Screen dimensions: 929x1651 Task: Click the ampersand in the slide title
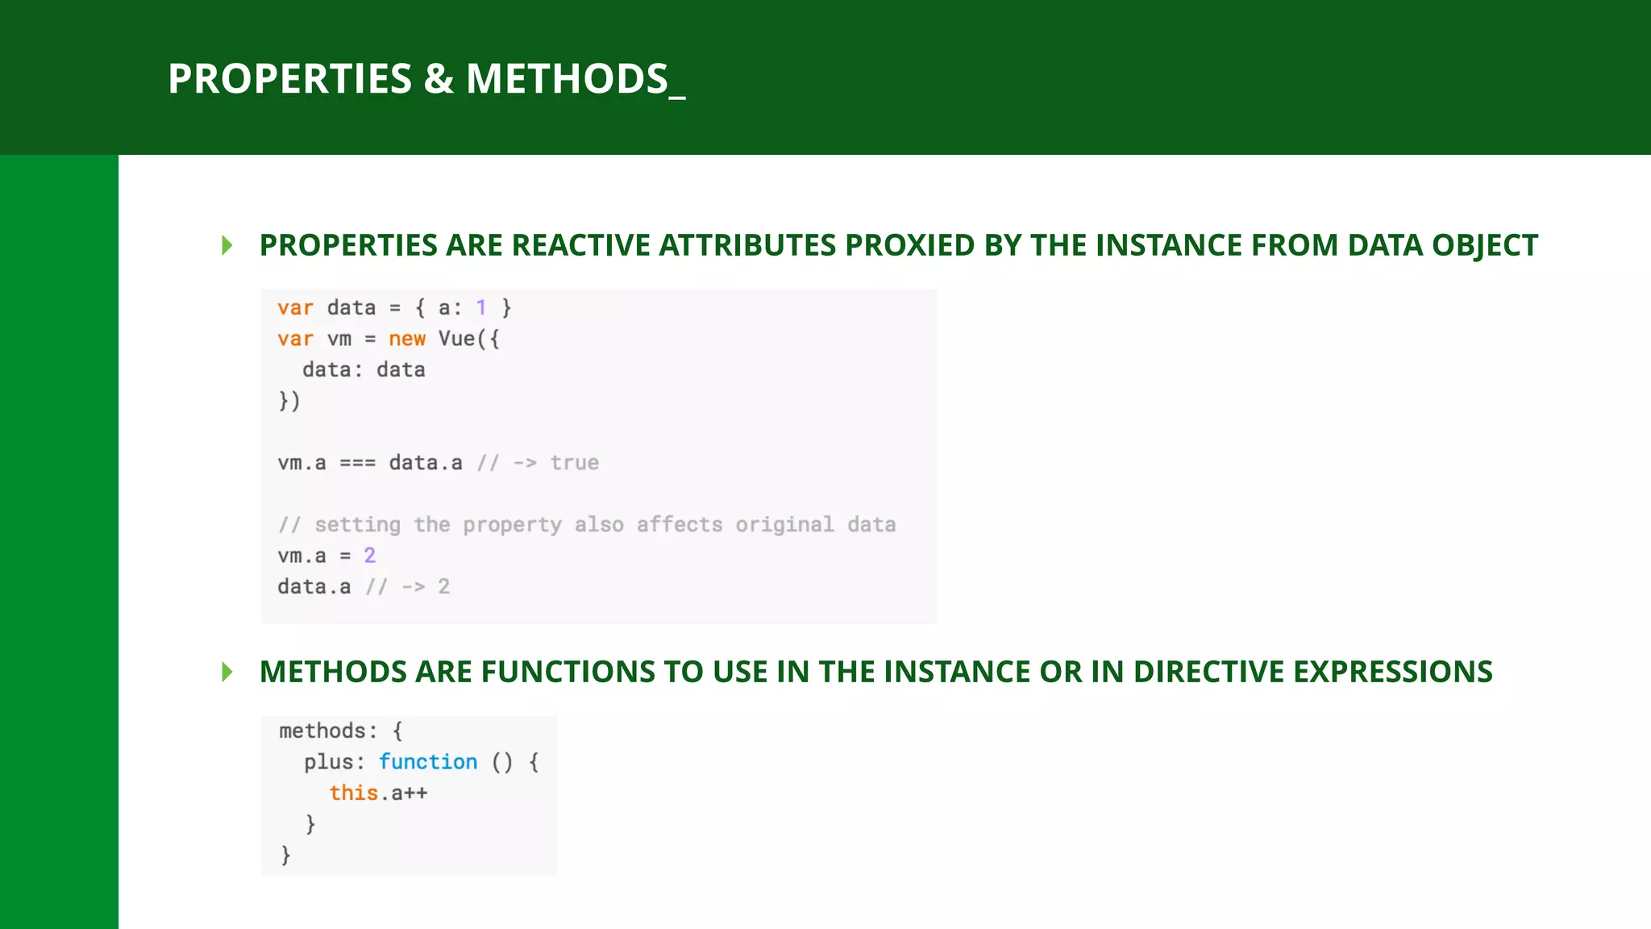point(439,79)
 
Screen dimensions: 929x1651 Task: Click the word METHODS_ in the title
point(575,79)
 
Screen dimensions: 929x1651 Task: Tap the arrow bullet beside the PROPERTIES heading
point(227,245)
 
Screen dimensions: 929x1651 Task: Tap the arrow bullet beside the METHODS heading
point(227,672)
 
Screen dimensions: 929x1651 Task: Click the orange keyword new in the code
point(407,339)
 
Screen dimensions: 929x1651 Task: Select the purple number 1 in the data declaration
point(481,307)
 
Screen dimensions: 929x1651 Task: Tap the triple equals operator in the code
point(357,463)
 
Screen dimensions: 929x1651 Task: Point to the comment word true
point(574,463)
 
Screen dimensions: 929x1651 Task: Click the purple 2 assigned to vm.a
point(369,556)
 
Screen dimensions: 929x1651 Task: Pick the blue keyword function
point(428,762)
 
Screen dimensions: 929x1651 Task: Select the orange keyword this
point(353,793)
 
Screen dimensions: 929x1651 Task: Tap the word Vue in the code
point(456,339)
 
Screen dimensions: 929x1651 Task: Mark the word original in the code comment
point(784,525)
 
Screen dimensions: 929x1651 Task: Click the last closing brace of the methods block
point(285,855)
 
